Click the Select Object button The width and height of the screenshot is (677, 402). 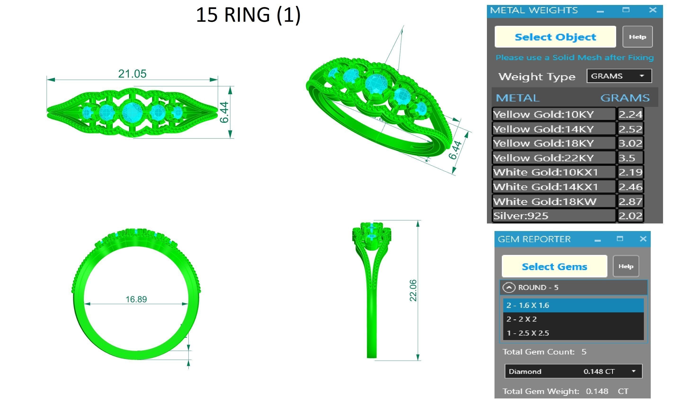[555, 37]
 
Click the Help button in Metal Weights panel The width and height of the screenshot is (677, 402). [637, 37]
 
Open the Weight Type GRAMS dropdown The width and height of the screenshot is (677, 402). [619, 76]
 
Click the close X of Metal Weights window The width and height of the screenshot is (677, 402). [653, 10]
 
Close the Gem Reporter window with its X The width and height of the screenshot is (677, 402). [643, 239]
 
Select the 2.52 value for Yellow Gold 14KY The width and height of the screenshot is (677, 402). [630, 129]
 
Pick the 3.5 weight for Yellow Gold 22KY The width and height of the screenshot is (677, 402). [627, 158]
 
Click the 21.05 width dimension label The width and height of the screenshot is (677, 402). [132, 74]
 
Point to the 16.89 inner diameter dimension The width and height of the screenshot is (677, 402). [136, 299]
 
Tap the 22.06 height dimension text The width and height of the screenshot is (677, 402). [413, 290]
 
